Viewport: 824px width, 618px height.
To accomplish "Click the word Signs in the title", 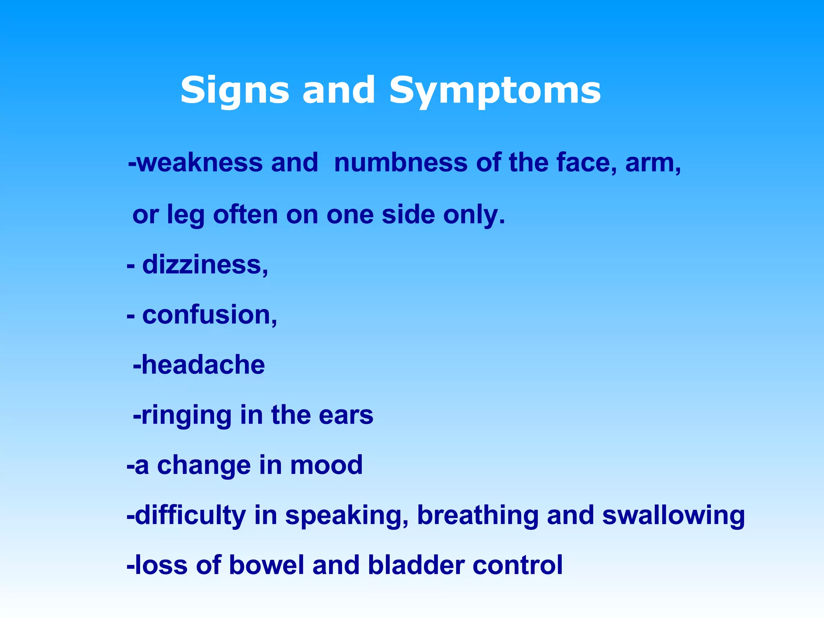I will (235, 90).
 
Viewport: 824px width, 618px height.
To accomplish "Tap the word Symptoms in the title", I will (495, 91).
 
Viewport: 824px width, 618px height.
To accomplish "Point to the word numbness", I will (401, 163).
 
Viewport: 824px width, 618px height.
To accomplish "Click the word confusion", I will (209, 315).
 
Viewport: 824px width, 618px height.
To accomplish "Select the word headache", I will (203, 365).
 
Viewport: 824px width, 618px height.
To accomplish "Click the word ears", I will (346, 415).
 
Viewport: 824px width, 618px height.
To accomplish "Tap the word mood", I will (326, 465).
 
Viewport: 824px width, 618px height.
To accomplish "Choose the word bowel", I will (266, 565).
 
